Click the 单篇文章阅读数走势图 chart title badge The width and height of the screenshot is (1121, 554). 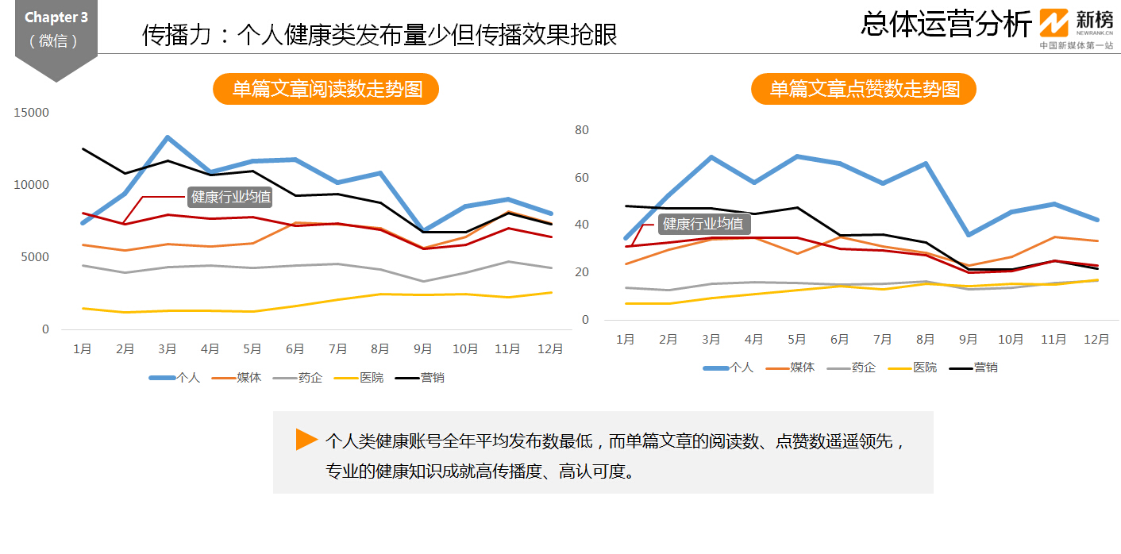(x=326, y=90)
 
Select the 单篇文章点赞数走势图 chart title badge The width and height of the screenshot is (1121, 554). (x=864, y=90)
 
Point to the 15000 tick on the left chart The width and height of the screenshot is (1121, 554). (x=33, y=113)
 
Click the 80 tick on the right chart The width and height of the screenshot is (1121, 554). (x=581, y=130)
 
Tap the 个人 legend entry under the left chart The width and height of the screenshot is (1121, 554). (x=175, y=378)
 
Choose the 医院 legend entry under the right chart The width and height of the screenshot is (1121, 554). (x=911, y=367)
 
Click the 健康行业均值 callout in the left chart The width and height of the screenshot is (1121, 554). (x=230, y=197)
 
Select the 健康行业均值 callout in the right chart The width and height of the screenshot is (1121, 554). (x=703, y=224)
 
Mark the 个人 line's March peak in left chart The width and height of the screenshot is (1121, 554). (x=168, y=137)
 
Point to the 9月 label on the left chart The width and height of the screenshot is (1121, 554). (x=422, y=348)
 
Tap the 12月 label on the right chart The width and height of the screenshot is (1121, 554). (x=1096, y=339)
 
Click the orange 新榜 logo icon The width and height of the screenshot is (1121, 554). (x=1054, y=23)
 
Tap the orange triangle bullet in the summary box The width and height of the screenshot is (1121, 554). (x=306, y=440)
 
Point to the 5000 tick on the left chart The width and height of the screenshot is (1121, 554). (x=34, y=257)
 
